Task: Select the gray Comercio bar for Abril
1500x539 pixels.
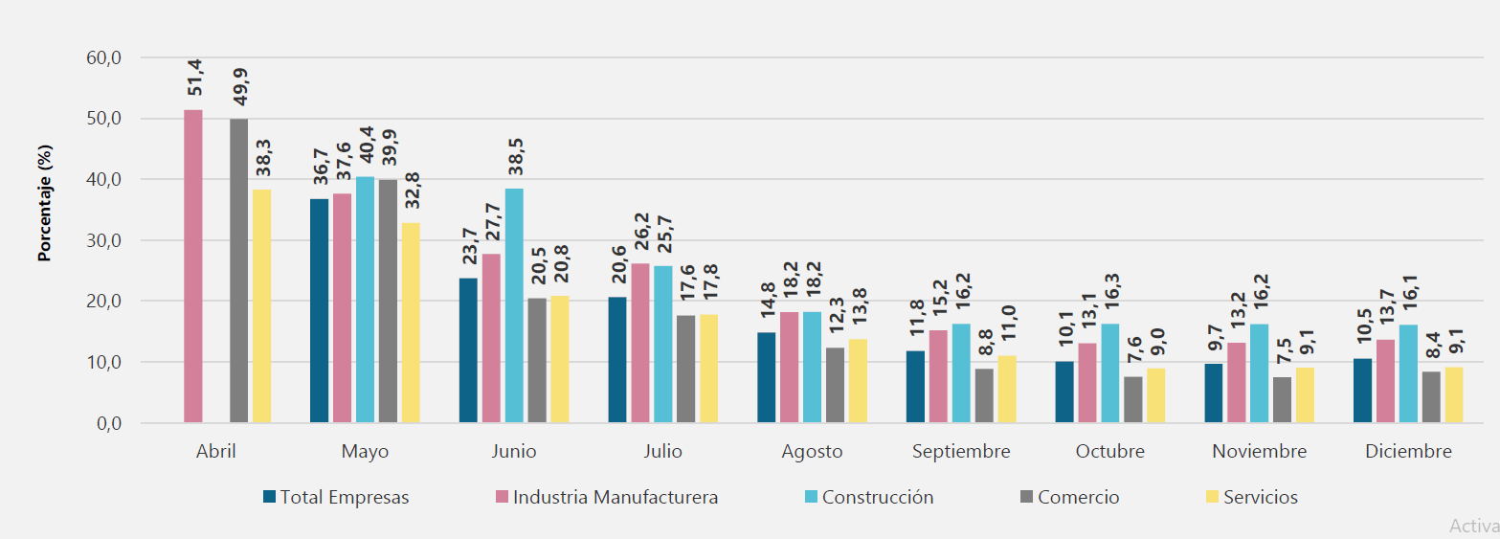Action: [x=238, y=271]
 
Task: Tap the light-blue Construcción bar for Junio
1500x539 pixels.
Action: [x=514, y=305]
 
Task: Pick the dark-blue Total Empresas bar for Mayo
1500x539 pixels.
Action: [x=319, y=311]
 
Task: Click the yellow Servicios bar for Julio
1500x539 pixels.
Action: [x=708, y=369]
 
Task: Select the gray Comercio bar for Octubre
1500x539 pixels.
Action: [x=1132, y=399]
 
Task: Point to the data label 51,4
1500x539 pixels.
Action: [x=194, y=78]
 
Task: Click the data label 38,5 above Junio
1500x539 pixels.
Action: [x=515, y=157]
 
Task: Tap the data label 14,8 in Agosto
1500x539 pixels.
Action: [x=766, y=302]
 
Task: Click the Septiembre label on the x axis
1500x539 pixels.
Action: [x=960, y=452]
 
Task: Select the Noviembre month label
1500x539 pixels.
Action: [x=1259, y=452]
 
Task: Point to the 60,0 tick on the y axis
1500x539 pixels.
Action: [x=103, y=57]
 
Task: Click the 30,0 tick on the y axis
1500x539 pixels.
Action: [x=103, y=240]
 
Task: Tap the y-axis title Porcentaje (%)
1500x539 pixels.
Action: [x=44, y=203]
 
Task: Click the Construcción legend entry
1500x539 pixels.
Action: [x=877, y=497]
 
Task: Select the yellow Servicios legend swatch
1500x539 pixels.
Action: [x=1211, y=497]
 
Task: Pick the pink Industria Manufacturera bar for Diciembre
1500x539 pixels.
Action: [x=1385, y=381]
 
